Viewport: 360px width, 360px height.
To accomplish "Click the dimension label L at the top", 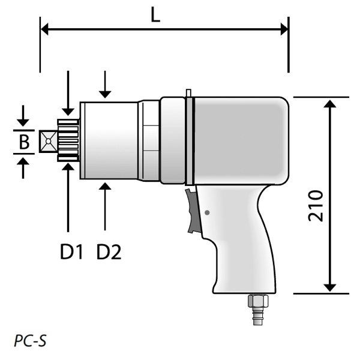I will coord(155,16).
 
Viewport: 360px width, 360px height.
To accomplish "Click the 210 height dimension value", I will coord(316,206).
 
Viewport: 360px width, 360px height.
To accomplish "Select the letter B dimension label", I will coord(24,142).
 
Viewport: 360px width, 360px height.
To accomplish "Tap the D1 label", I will coord(71,252).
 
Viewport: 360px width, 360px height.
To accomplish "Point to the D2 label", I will coord(109,252).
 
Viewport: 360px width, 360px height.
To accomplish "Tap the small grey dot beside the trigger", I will coord(207,212).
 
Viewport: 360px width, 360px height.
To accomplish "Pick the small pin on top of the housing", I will coord(188,93).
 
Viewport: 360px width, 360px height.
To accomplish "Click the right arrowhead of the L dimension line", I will coord(284,28).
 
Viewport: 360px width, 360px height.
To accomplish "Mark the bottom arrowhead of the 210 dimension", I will coord(329,288).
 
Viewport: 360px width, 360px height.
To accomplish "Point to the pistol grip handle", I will coord(240,240).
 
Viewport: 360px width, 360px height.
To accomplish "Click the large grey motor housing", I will coord(240,141).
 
